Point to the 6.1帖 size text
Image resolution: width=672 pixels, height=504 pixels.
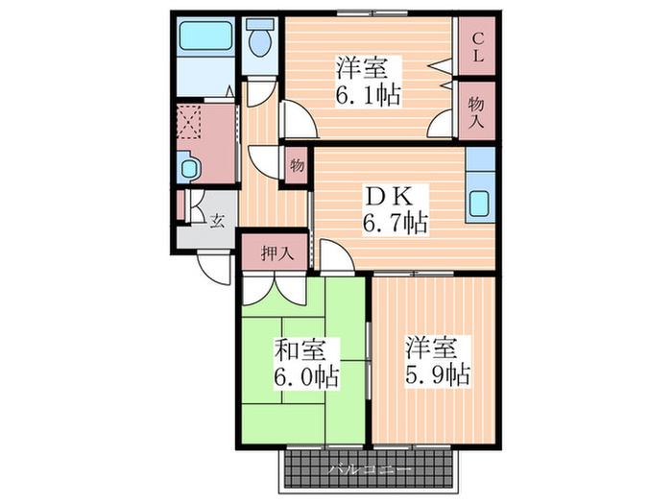(x=368, y=95)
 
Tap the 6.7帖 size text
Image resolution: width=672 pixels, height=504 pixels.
(x=394, y=225)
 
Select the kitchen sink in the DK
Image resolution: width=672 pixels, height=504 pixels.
(x=479, y=204)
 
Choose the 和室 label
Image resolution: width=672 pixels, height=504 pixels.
(x=300, y=349)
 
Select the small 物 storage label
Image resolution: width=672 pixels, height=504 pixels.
(x=297, y=165)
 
